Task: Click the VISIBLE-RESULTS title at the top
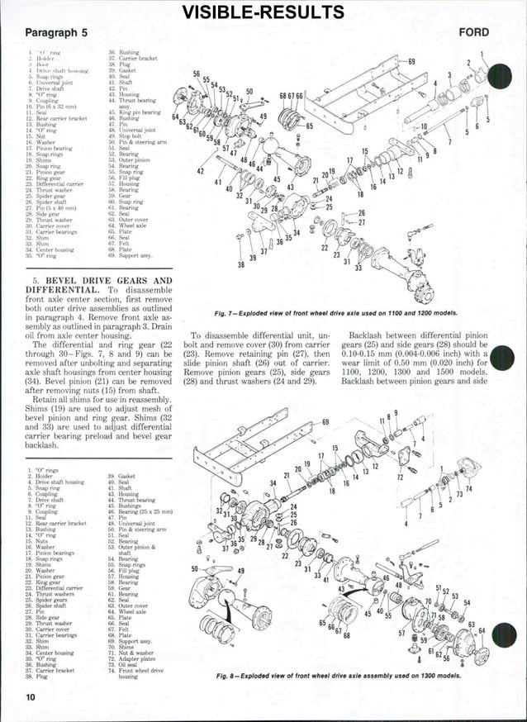click(263, 11)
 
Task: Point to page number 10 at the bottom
click(31, 698)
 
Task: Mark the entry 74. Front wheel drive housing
click(141, 672)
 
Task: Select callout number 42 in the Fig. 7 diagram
click(201, 171)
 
